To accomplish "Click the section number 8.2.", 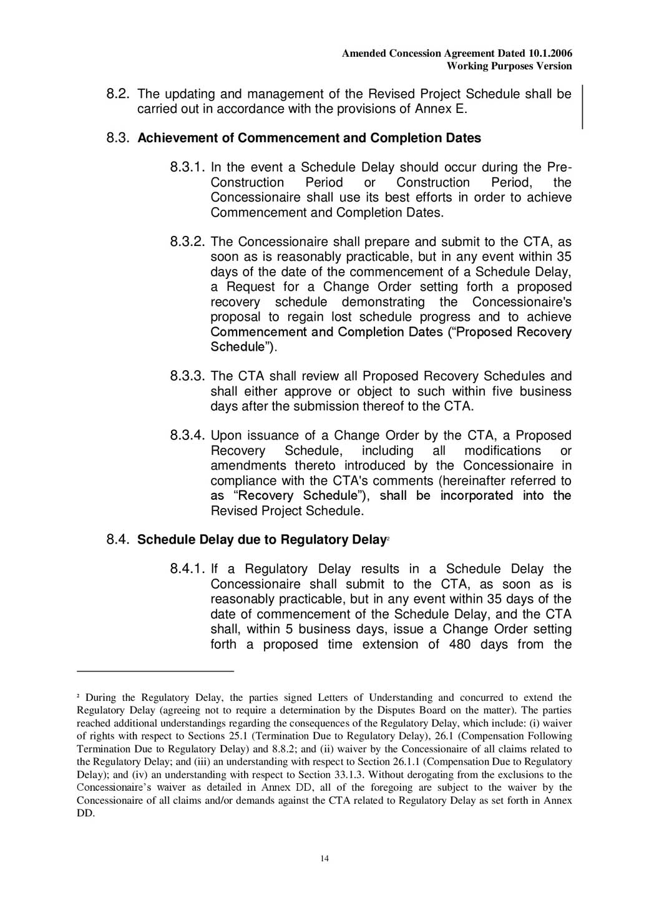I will (118, 94).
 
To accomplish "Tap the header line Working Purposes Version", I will (509, 66).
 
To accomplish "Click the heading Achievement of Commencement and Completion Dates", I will (309, 138).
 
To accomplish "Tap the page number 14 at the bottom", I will (324, 858).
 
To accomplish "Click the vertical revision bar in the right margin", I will (582, 107).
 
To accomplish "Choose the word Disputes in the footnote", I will (428, 710).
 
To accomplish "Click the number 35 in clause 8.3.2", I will (564, 256).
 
